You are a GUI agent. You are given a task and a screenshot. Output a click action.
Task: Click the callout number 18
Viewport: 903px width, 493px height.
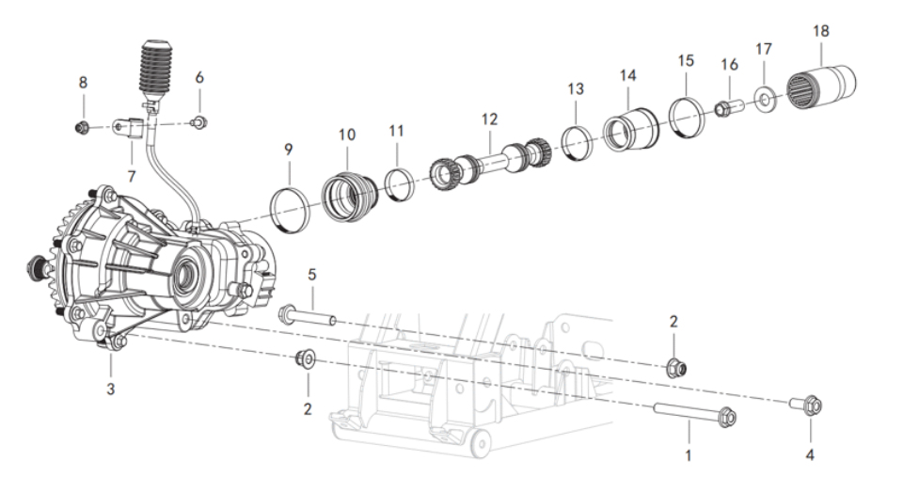click(820, 30)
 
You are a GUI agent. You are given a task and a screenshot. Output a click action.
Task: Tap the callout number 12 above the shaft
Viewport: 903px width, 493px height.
click(489, 119)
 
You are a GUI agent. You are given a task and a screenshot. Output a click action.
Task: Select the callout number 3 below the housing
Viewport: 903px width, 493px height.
click(111, 389)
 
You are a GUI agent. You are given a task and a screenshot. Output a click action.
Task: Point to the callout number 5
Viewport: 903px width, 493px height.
click(312, 274)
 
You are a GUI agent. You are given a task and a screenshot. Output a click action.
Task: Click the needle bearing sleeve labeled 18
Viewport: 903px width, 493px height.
click(821, 87)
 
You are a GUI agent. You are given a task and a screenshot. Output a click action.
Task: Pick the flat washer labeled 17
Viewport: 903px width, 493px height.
click(765, 98)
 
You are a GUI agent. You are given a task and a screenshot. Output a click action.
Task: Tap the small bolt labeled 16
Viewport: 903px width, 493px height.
click(729, 107)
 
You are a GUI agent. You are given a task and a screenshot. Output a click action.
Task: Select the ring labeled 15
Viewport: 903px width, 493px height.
click(686, 118)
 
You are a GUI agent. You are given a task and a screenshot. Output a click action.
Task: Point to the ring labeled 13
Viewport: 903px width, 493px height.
click(577, 142)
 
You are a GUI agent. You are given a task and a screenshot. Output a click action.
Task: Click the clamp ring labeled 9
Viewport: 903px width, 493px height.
click(290, 210)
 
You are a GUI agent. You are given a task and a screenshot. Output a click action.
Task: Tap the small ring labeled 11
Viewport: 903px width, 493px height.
click(399, 184)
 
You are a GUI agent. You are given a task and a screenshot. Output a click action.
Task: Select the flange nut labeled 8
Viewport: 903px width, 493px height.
click(81, 127)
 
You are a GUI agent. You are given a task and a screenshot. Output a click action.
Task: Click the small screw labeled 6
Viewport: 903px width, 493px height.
click(199, 122)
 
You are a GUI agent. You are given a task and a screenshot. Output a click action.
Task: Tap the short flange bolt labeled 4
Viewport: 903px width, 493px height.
click(806, 404)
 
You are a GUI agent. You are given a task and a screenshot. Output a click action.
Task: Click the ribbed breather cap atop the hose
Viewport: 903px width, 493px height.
click(155, 68)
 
